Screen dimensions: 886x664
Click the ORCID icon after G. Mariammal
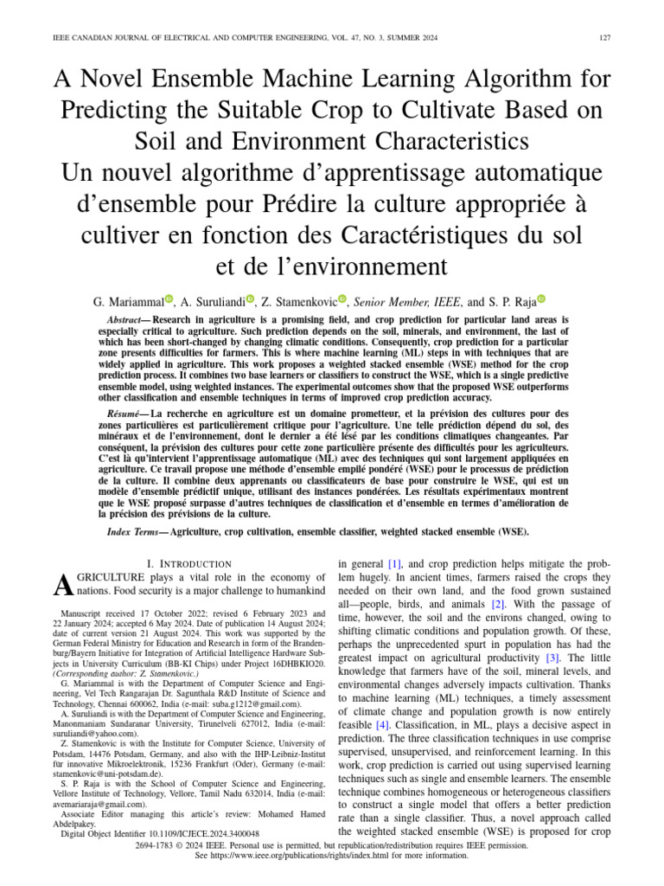click(169, 299)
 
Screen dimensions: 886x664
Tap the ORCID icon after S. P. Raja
click(542, 299)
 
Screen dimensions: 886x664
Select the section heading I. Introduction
click(191, 563)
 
